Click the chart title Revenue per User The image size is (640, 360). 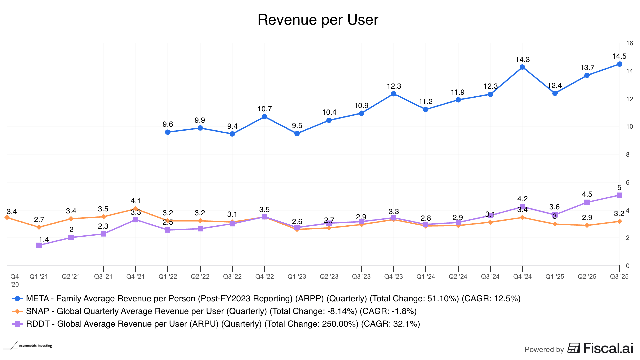point(318,20)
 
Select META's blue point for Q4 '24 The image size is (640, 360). point(522,67)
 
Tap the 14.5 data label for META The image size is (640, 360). point(619,56)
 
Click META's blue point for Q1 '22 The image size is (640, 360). point(168,132)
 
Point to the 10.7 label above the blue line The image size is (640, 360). point(264,109)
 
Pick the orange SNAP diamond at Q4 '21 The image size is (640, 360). point(135,209)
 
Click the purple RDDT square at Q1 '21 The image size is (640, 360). point(39,245)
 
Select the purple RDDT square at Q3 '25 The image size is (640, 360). point(619,195)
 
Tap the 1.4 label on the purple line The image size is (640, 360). point(44,240)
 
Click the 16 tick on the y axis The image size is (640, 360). point(629,43)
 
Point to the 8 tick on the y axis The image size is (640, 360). point(628,154)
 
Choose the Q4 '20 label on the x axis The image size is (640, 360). point(15,280)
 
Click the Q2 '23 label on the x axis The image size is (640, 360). point(329,276)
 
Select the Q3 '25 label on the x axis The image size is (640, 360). point(619,276)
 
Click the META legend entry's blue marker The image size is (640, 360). point(17,299)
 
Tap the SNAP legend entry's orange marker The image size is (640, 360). point(17,311)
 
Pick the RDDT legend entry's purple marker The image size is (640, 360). point(17,324)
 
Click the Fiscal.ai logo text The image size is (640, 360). point(608,348)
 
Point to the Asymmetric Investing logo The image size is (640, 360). point(28,346)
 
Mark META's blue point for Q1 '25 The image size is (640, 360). point(555,93)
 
